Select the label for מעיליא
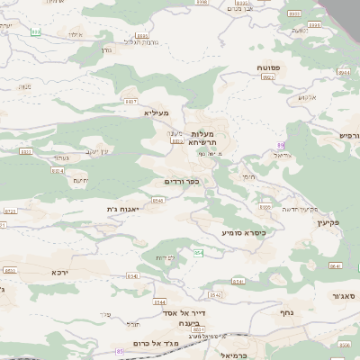click(157, 113)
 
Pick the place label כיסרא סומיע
click(241, 232)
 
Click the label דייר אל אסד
click(173, 311)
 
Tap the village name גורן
click(107, 49)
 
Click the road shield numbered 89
click(281, 145)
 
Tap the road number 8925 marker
click(267, 77)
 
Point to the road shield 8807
click(130, 103)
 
